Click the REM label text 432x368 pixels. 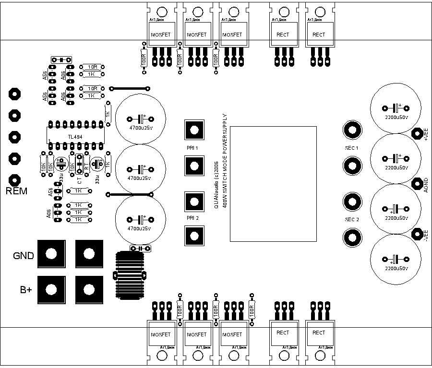16,191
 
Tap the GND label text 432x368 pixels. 24,256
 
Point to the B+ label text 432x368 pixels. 26,289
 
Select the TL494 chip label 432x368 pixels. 74,137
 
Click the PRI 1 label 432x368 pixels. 193,148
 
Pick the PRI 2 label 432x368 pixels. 193,218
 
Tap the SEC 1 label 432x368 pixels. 352,148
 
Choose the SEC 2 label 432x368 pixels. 352,219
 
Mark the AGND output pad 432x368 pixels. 417,183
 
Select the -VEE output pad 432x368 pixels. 417,233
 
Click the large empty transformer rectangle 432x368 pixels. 273,184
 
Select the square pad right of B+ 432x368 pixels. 89,289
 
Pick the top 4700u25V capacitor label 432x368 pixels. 141,128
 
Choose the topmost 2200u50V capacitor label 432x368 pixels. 396,117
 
